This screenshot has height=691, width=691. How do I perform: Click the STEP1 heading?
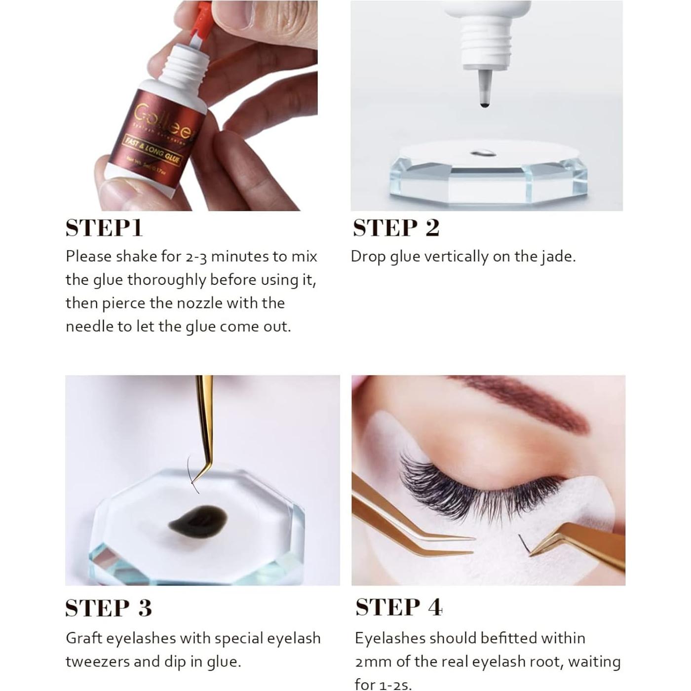(x=104, y=228)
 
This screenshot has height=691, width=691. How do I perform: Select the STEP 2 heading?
(x=396, y=228)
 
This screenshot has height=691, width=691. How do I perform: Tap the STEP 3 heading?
(x=108, y=608)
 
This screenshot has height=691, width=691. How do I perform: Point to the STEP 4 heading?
(x=398, y=607)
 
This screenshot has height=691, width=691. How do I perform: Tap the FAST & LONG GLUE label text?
(x=152, y=151)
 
